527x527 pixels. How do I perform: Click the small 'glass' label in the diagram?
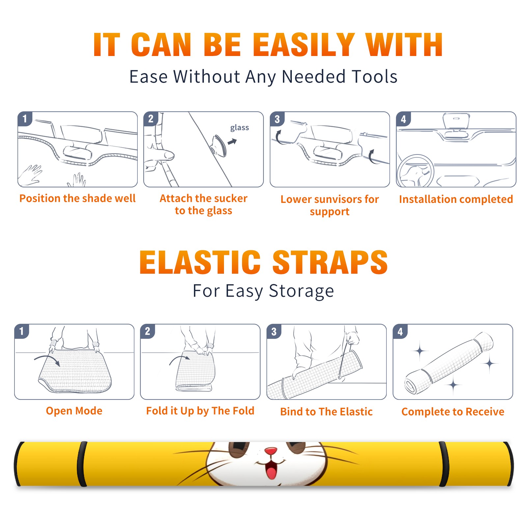point(239,128)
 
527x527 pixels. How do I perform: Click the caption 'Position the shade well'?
point(77,198)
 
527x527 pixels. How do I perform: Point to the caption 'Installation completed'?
point(456,199)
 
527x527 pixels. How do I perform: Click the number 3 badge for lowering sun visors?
point(277,119)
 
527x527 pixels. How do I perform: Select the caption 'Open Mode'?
point(74,411)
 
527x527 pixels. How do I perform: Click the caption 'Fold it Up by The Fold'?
point(200,411)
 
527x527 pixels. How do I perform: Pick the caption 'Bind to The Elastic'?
point(326,412)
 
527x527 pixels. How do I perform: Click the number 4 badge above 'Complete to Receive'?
point(400,331)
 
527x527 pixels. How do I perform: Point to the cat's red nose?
point(271,451)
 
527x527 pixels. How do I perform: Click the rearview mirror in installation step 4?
point(456,121)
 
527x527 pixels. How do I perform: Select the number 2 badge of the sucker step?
point(151,119)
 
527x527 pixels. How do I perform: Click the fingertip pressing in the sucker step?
point(169,155)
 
